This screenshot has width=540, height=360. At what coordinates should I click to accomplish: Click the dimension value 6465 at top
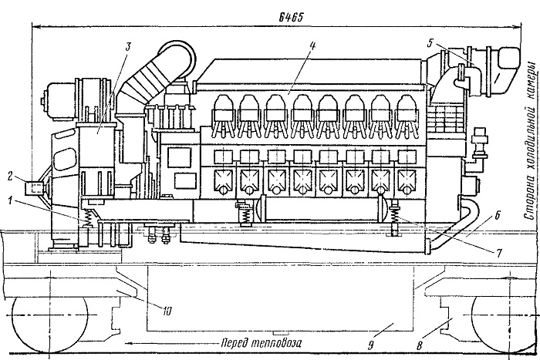pyautogui.click(x=291, y=17)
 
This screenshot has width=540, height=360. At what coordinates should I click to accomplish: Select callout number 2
pyautogui.click(x=10, y=177)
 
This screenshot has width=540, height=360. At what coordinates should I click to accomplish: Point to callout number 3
pyautogui.click(x=129, y=46)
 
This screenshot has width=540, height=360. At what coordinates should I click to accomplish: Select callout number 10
pyautogui.click(x=167, y=311)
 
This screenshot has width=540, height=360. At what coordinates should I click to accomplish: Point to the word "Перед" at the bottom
pyautogui.click(x=235, y=335)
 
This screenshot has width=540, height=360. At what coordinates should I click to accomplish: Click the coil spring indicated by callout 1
pyautogui.click(x=90, y=219)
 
